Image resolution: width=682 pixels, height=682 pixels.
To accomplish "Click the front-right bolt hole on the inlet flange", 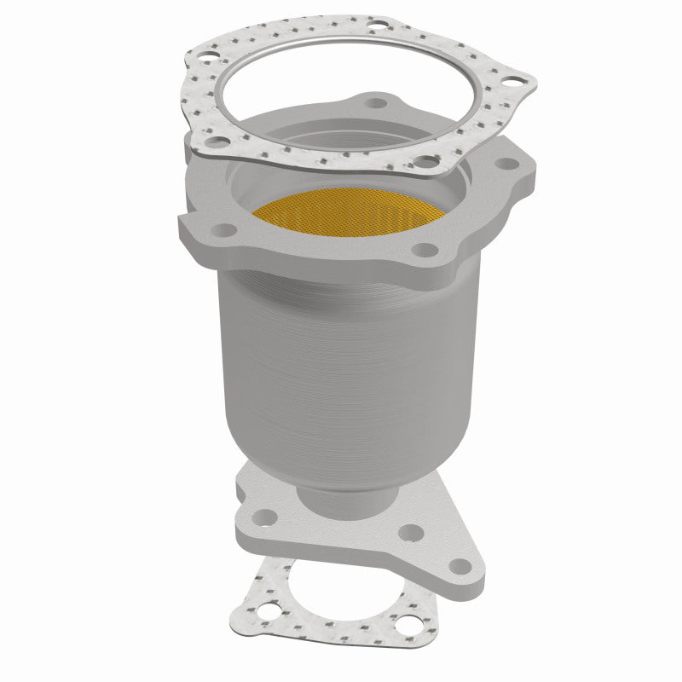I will point(426,251).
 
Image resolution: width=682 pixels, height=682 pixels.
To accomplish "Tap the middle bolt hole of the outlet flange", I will point(412,533).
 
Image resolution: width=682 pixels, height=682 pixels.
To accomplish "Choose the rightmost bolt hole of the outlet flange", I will point(461,566).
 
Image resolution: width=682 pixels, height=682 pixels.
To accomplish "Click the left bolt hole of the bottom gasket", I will point(267,609).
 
